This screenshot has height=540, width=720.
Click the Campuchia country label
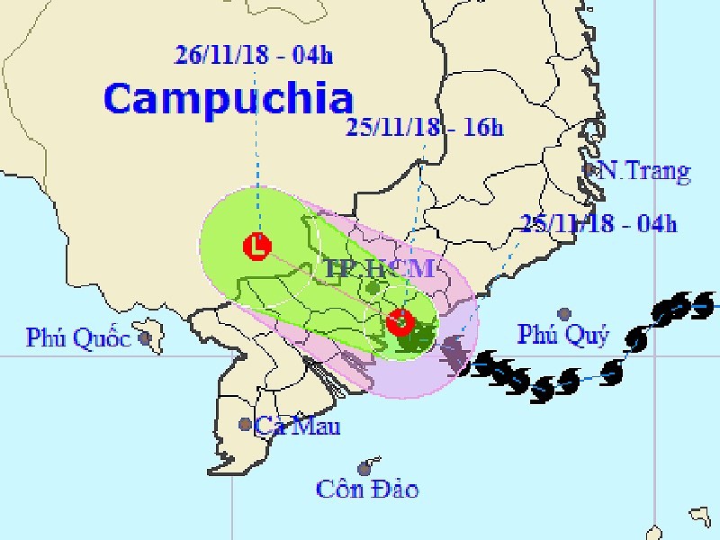(x=229, y=98)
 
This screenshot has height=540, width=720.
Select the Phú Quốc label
(x=77, y=337)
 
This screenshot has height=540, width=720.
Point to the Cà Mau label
(x=296, y=426)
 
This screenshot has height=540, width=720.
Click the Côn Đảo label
(x=367, y=490)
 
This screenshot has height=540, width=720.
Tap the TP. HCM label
(x=381, y=267)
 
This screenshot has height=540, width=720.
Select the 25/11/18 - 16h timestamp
(x=424, y=129)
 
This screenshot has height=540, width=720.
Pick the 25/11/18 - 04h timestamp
(x=598, y=223)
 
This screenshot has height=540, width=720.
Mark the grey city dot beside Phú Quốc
(x=144, y=338)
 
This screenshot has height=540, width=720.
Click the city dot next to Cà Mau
(x=245, y=424)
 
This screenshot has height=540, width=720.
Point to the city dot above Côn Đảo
(x=364, y=468)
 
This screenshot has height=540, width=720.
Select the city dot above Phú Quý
(x=564, y=314)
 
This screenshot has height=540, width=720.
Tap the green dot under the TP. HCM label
(x=373, y=288)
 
